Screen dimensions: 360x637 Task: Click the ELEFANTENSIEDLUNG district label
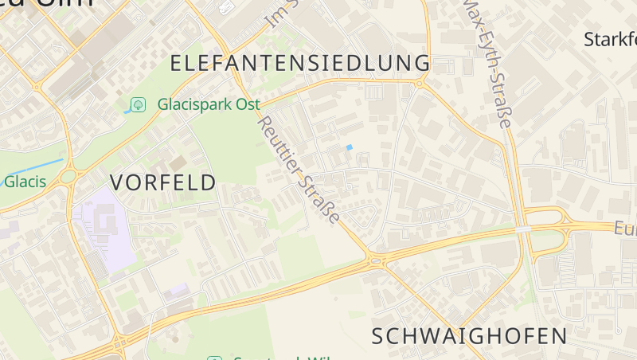pos(300,63)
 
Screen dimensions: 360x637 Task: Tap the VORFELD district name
pos(162,182)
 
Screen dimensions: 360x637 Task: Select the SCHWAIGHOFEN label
pos(470,335)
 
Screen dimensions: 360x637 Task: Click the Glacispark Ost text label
pos(209,104)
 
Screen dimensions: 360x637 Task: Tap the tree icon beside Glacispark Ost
pos(139,104)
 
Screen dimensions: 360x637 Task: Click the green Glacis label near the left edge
pos(25,182)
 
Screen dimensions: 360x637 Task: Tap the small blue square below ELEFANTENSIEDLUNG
pos(349,147)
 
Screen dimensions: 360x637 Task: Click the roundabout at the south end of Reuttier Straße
pos(376,259)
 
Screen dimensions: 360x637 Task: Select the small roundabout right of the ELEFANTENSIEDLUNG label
pos(419,82)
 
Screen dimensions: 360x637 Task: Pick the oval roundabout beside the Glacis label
pos(69,175)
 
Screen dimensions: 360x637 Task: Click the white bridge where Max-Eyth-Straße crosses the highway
pos(522,229)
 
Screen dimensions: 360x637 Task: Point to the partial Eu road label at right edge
pos(625,229)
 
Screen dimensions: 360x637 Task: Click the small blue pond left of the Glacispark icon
pos(127,112)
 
